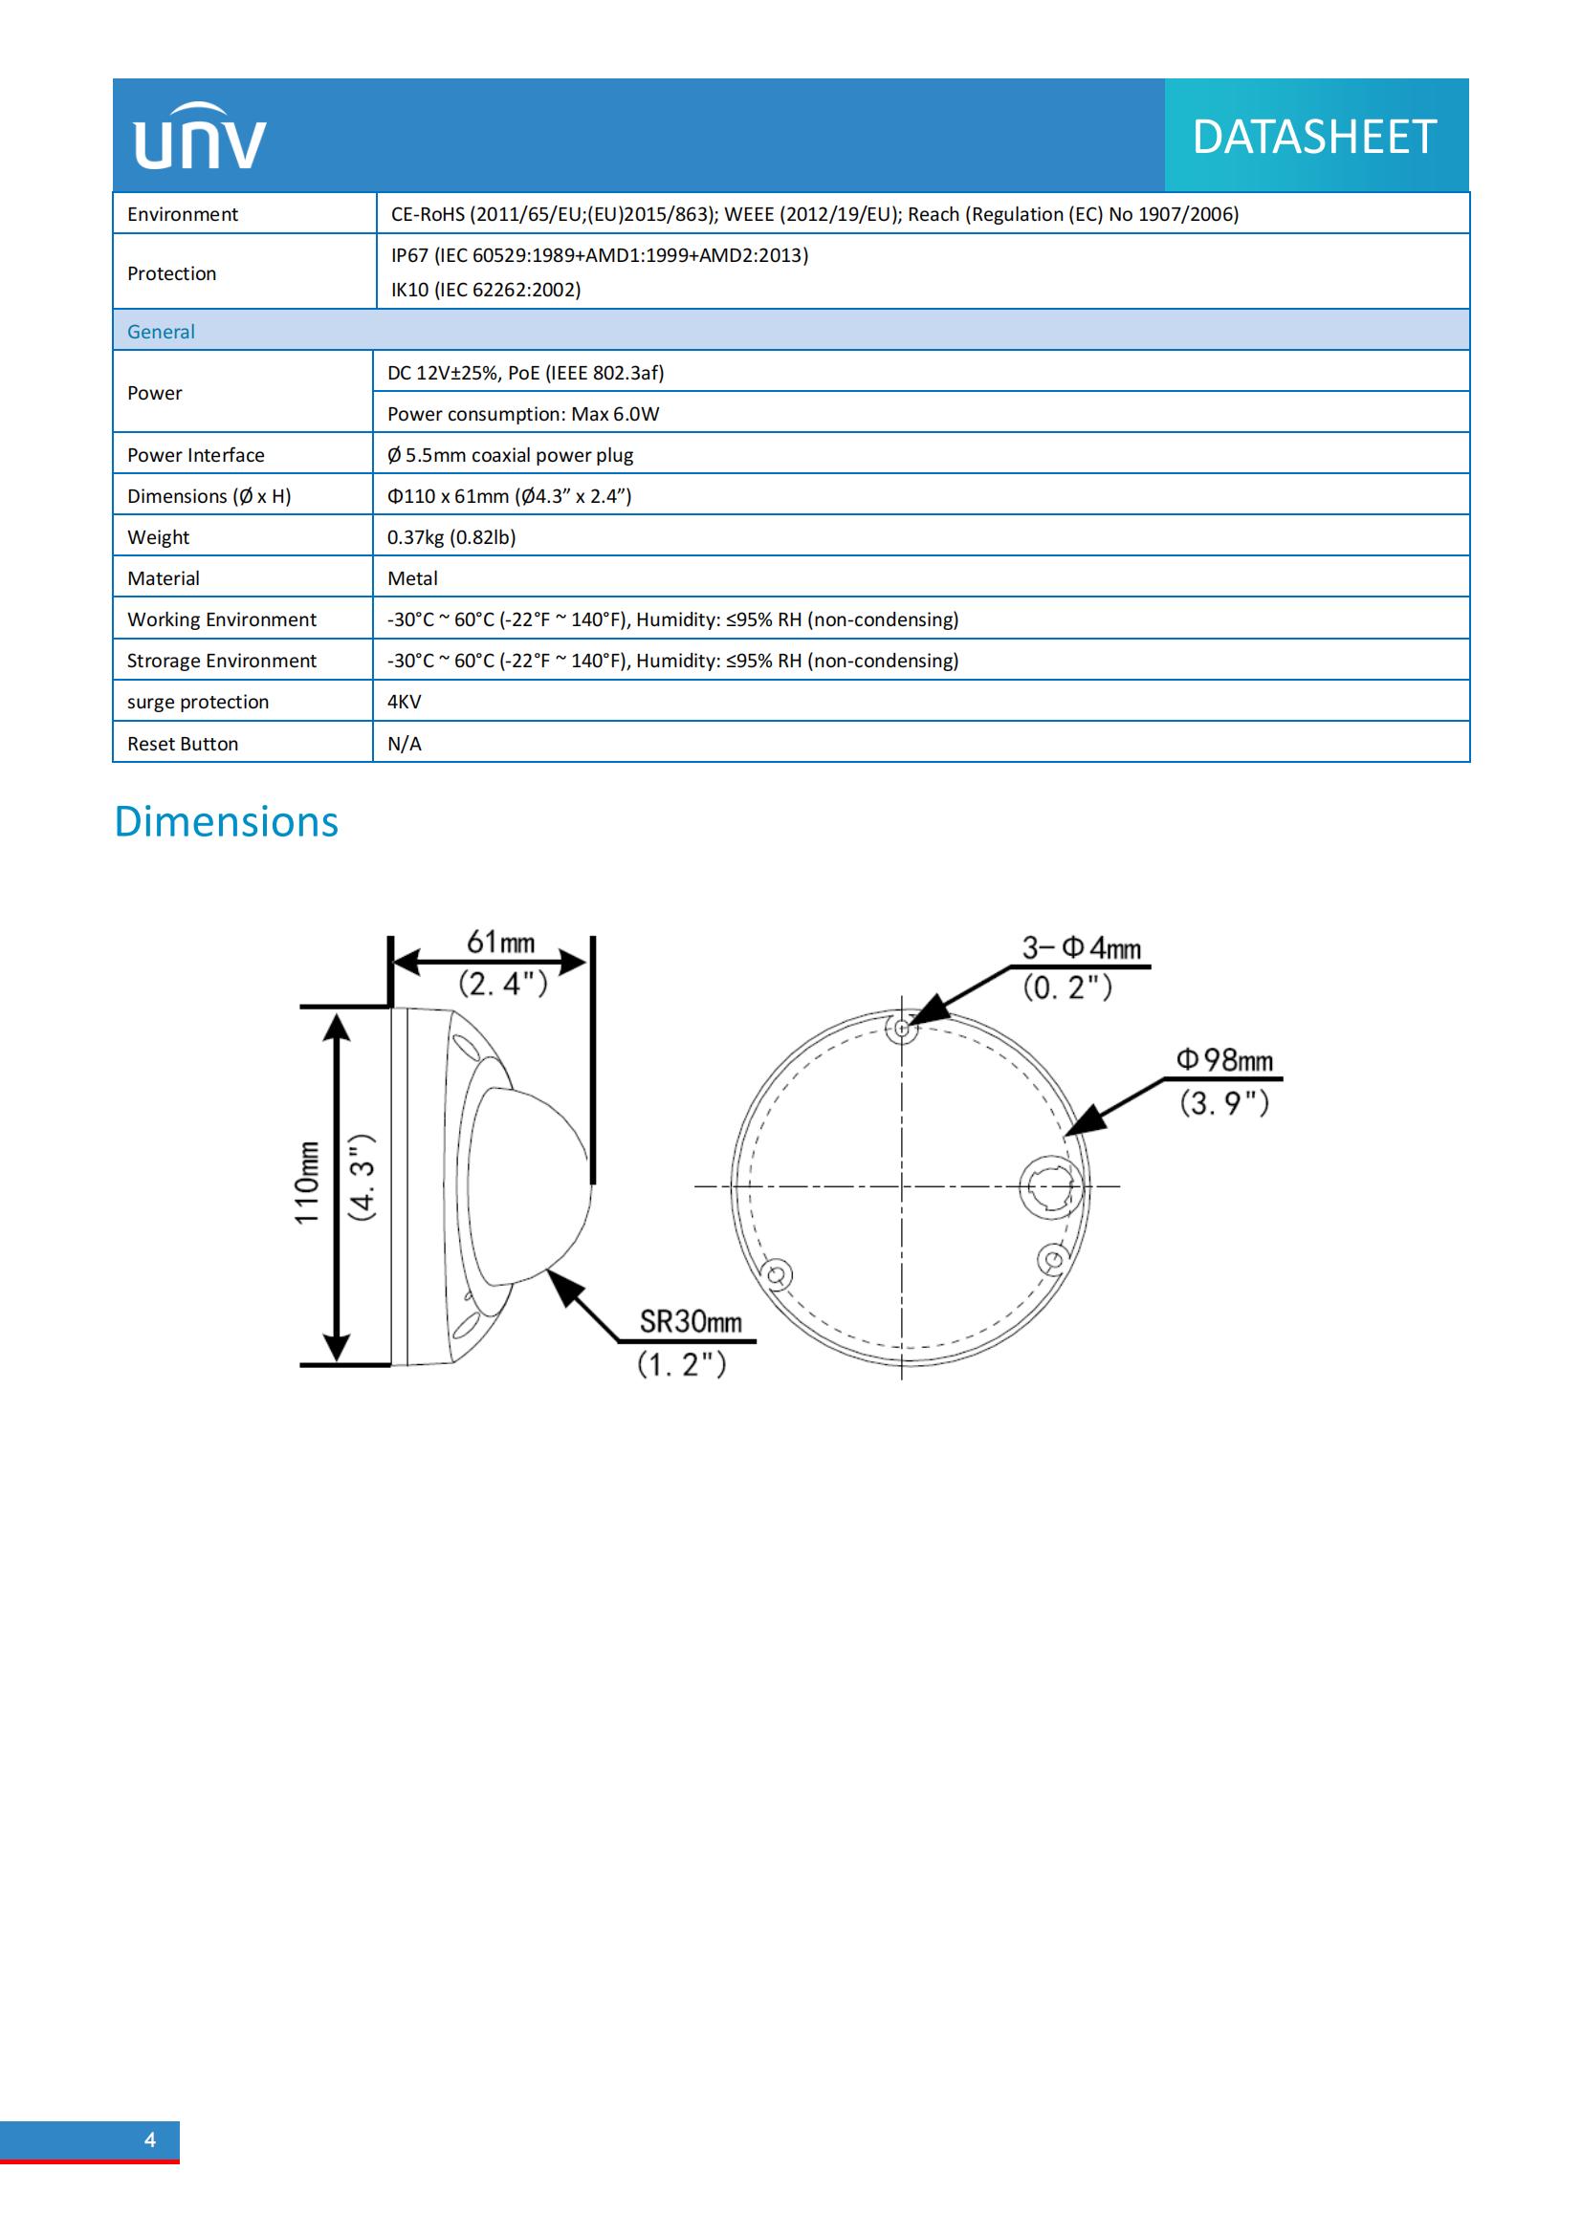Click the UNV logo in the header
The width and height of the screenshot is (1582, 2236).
pos(200,137)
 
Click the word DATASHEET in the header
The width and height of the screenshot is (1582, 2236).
pos(1314,137)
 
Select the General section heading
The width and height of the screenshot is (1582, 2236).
pos(161,331)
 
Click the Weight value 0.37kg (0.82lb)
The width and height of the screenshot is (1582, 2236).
pos(451,536)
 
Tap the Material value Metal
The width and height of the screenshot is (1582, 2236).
pos(412,578)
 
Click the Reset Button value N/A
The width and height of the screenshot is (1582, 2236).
pos(405,743)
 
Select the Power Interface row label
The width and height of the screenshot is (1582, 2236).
pos(196,455)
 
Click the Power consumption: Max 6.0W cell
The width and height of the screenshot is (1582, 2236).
pos(523,414)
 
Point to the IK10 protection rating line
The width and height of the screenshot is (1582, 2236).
pos(485,290)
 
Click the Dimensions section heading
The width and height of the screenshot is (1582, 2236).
pos(226,821)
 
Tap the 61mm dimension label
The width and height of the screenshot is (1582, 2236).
pos(500,942)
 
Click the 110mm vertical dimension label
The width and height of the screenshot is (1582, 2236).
pos(307,1183)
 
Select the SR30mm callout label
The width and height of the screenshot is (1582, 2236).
pos(691,1321)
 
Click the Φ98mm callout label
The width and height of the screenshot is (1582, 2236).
pos(1224,1059)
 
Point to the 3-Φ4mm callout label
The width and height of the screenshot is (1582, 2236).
pos(1082,947)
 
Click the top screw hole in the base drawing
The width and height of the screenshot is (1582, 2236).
pos(902,1028)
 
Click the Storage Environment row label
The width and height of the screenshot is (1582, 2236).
pos(221,661)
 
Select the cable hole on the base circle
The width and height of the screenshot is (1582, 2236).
pos(1049,1185)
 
